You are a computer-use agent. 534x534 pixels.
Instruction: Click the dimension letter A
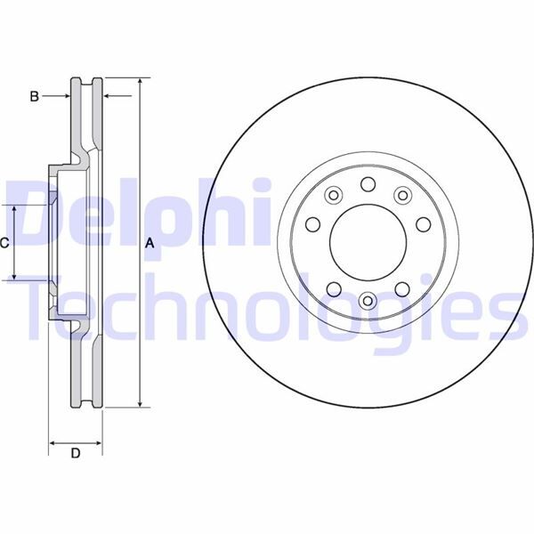[150, 244]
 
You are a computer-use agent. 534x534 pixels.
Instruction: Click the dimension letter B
[34, 96]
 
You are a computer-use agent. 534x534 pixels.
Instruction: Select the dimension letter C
[4, 242]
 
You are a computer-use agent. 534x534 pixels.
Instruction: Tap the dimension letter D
[76, 455]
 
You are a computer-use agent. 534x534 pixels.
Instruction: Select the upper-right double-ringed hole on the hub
[402, 196]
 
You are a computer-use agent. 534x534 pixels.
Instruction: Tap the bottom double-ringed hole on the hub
[367, 300]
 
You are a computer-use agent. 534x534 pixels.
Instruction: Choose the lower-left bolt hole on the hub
[333, 287]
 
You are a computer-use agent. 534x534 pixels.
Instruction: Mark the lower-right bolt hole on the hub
[401, 287]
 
